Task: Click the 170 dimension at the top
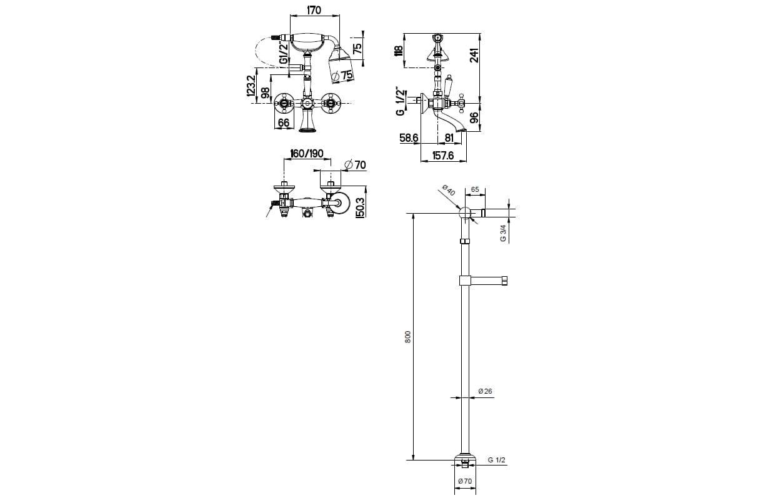pos(314,11)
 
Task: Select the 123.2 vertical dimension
pos(251,86)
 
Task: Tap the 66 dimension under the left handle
pos(284,123)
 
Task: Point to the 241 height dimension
pos(475,56)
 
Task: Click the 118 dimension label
pos(399,51)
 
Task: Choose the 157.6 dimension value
pos(443,156)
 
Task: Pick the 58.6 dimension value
pos(409,138)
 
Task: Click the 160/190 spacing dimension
pos(307,154)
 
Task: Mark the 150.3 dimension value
pos(360,207)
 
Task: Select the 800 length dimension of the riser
pos(408,337)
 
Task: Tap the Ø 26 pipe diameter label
pos(485,391)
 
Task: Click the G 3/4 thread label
pos(503,234)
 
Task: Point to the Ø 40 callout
pos(449,191)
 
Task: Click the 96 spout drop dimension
pos(474,117)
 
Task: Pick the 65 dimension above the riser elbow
pos(475,189)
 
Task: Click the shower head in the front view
pos(341,66)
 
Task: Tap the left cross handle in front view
pos(283,103)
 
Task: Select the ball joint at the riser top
pos(465,213)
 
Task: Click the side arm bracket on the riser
pos(483,281)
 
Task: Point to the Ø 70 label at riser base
pos(465,481)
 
